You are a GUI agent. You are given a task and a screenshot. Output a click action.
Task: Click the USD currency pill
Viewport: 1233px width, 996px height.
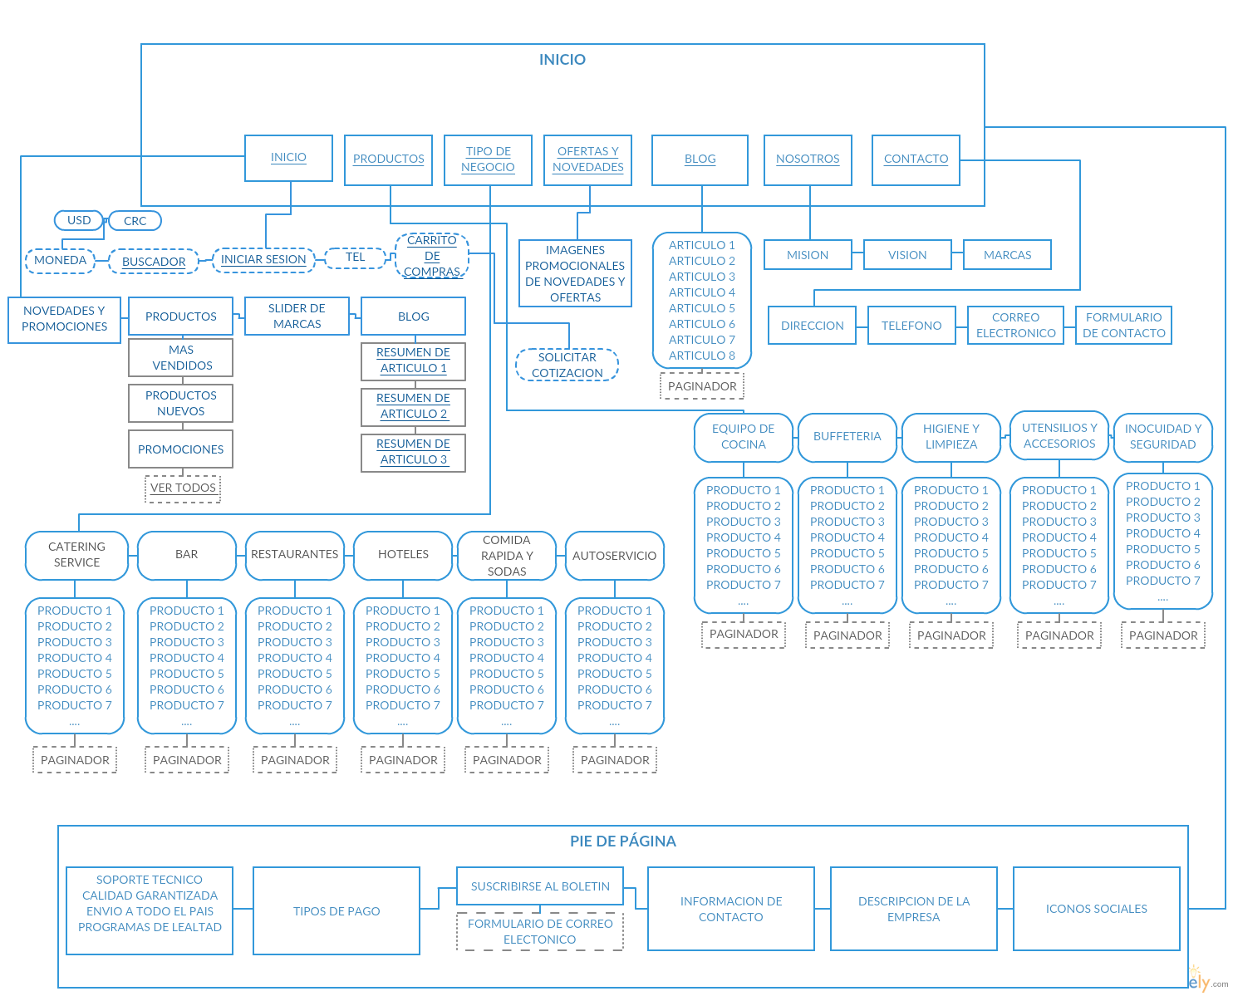coord(79,220)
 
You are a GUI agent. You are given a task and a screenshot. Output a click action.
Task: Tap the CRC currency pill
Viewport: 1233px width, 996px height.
coord(135,221)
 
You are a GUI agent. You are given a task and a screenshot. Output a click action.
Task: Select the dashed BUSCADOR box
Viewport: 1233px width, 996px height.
coord(154,261)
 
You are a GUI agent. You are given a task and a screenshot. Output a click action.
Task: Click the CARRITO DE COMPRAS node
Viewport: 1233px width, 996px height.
coord(432,256)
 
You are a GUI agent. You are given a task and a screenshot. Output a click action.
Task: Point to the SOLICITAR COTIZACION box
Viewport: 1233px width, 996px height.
coord(567,365)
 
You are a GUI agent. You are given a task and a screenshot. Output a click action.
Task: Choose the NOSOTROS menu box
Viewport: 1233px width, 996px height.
coord(808,159)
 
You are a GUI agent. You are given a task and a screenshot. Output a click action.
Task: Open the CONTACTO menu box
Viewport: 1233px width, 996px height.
coord(916,159)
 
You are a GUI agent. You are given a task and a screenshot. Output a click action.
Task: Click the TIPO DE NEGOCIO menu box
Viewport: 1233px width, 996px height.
coord(488,159)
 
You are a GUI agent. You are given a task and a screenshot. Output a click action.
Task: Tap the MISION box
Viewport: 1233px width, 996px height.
coord(808,255)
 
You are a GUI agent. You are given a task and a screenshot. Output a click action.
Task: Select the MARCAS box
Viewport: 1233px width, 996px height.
coord(1007,255)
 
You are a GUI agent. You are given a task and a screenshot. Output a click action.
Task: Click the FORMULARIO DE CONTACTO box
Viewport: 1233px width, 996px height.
coord(1123,325)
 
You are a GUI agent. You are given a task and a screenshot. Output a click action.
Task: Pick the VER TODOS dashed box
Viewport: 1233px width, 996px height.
coord(183,488)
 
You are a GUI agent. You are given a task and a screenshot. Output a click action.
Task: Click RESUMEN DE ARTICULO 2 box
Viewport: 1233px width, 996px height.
coord(413,406)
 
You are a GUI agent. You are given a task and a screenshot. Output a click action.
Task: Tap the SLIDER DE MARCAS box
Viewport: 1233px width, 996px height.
coord(297,316)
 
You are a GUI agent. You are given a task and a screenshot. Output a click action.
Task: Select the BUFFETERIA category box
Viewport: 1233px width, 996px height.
coord(847,437)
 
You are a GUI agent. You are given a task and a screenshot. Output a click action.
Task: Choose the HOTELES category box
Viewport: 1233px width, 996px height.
coord(403,555)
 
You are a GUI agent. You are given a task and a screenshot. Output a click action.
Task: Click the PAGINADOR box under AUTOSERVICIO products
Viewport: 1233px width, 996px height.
coord(615,760)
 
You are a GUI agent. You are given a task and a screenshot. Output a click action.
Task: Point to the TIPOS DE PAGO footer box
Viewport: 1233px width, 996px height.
coord(336,911)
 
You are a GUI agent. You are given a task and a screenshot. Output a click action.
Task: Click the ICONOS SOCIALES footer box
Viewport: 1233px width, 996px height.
coord(1096,909)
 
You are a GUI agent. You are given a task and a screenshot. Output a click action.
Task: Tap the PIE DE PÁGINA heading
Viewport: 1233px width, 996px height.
coord(623,841)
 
